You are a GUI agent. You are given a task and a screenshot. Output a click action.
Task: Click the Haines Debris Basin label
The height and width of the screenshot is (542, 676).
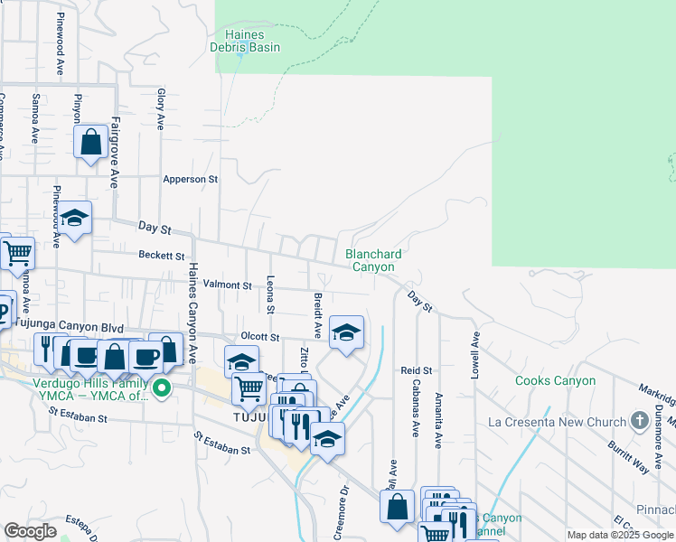point(245,41)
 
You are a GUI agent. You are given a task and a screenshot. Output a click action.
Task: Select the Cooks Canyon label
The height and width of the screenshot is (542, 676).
point(555,381)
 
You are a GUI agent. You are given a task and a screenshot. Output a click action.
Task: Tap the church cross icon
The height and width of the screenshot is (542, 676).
point(640,421)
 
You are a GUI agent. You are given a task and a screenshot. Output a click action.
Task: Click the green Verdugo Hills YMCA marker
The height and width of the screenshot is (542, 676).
point(162,390)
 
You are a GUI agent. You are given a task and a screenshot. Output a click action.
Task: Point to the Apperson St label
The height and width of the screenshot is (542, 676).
point(191,180)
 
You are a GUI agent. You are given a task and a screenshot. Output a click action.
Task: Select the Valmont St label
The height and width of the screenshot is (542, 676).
point(227,285)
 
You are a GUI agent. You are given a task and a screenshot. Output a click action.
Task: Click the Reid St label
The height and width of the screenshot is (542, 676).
point(417,370)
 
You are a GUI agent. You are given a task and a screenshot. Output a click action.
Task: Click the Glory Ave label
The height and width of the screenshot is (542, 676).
point(161,108)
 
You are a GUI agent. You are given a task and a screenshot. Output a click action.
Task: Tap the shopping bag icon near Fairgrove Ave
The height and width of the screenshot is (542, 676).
point(91,142)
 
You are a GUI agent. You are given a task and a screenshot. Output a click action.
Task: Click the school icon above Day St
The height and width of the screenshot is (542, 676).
point(76,218)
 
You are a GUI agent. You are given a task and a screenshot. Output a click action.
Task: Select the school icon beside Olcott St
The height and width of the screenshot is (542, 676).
point(346,332)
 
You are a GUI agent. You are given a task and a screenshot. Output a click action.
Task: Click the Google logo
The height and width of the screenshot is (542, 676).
point(30,531)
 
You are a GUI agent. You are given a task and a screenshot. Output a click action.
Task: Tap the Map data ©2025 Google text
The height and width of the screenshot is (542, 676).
point(619,535)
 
